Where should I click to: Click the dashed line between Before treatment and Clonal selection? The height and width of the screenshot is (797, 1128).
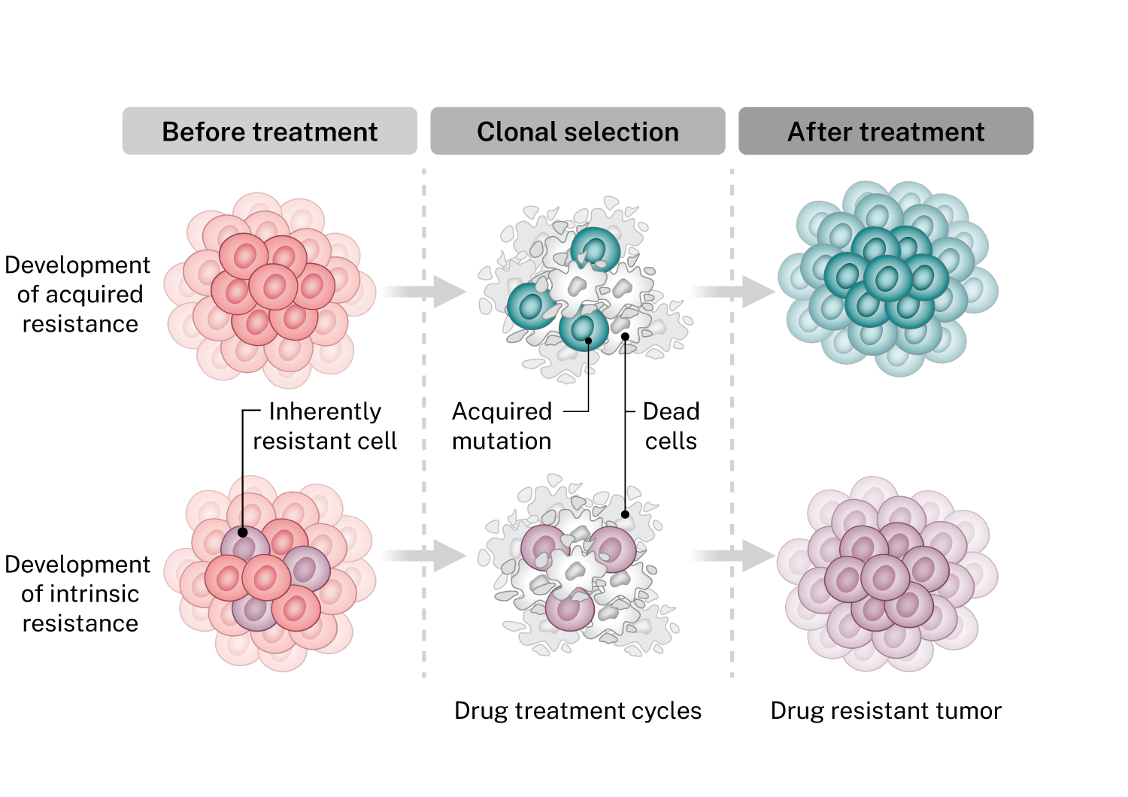coord(424,421)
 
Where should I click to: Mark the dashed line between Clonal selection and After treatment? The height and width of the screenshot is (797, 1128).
coord(732,421)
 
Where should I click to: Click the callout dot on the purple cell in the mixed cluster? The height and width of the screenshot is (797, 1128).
coord(243,532)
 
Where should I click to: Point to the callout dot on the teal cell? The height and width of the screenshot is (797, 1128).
coord(589,340)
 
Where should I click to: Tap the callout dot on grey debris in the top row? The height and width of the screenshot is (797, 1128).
coord(625,336)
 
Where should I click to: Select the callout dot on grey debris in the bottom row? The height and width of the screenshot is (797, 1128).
coord(625,514)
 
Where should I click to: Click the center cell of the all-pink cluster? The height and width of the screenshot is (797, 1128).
coord(273,286)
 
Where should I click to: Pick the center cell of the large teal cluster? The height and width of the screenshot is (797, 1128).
coord(887,278)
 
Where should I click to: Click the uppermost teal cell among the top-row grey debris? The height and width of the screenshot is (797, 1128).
coord(595,249)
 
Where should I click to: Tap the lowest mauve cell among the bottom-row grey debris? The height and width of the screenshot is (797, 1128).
coord(569,608)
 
